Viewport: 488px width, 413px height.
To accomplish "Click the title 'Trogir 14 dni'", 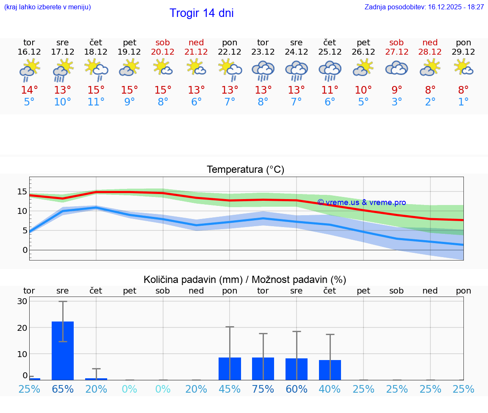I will (x=202, y=13).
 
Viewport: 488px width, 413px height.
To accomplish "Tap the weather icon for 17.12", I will (x=63, y=70).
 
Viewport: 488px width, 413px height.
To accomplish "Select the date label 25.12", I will (x=330, y=52).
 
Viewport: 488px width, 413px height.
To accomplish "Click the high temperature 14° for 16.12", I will (x=29, y=90).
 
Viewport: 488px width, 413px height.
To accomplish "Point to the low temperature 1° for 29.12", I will (x=463, y=102).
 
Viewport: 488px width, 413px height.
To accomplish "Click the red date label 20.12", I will (x=163, y=52).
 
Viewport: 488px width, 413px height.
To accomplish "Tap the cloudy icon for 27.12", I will (x=396, y=69).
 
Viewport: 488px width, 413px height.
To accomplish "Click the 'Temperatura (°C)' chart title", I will (x=245, y=170).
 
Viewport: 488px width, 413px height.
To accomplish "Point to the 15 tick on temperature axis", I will (x=22, y=191).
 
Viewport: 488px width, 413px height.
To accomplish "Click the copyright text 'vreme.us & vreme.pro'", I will (x=361, y=202).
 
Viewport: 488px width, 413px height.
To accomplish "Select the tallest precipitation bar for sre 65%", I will (x=63, y=351).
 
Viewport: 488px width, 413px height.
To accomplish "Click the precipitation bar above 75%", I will (x=263, y=369).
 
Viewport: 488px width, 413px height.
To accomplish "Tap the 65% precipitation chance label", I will (x=63, y=389).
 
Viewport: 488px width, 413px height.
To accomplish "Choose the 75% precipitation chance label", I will (x=263, y=389).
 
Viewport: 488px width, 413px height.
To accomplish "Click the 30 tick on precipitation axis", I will (x=22, y=301).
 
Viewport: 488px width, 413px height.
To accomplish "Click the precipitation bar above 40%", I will (x=330, y=370).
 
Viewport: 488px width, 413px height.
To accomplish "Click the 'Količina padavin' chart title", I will (x=245, y=280).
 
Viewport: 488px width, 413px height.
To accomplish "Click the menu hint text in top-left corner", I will (x=47, y=7).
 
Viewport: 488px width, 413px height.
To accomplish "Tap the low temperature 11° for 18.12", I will (x=96, y=102).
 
